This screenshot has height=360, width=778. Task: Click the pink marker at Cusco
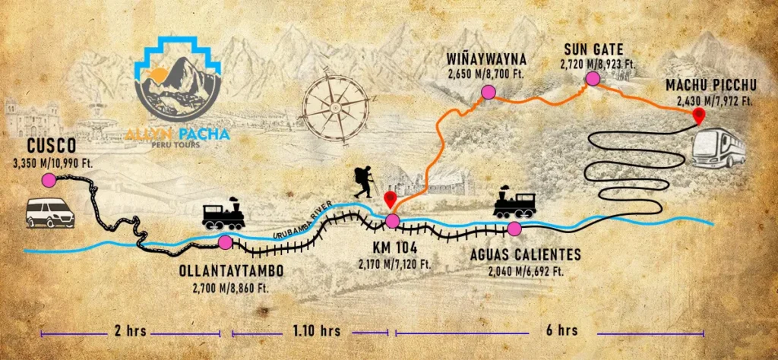pyautogui.click(x=49, y=180)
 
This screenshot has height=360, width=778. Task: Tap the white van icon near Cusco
pyautogui.click(x=50, y=213)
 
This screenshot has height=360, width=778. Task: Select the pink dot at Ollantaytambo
pyautogui.click(x=225, y=242)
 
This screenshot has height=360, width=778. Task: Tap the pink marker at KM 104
pyautogui.click(x=392, y=221)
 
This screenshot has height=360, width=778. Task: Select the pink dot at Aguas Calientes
pyautogui.click(x=514, y=229)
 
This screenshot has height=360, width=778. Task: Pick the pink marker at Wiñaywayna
pyautogui.click(x=485, y=92)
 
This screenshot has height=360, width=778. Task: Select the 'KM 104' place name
pyautogui.click(x=392, y=248)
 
